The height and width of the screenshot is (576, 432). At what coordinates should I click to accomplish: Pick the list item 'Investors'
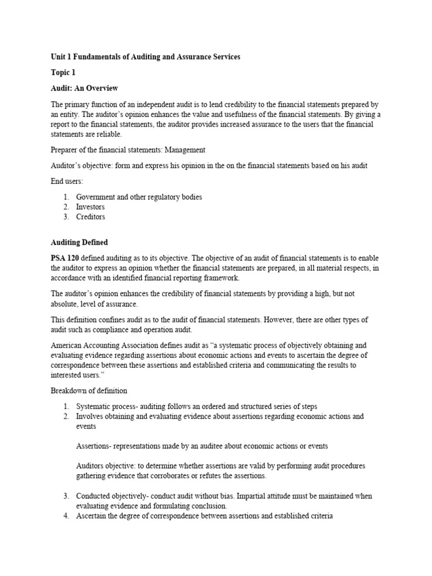(90, 207)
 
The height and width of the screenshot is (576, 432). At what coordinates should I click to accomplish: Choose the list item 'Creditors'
(91, 217)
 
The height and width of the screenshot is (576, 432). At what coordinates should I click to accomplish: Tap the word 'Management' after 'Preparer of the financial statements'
(183, 150)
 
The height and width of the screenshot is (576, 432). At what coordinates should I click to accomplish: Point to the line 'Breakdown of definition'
(89, 390)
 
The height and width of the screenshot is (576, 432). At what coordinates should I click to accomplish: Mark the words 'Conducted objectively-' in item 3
(115, 496)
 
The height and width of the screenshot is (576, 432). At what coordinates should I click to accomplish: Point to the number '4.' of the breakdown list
(66, 516)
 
